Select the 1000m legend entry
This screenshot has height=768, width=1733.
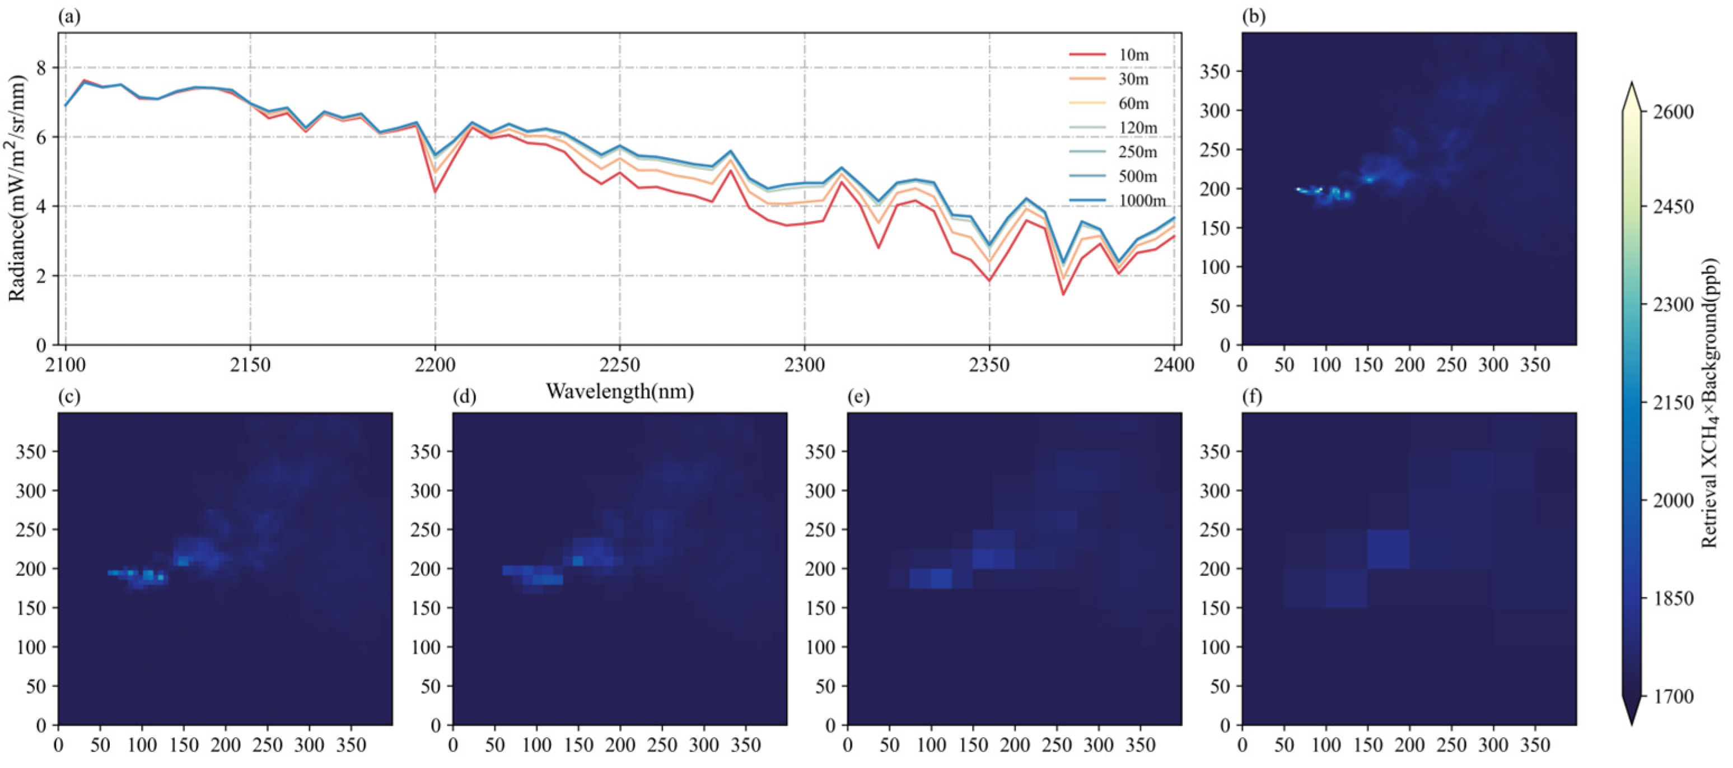click(x=1141, y=201)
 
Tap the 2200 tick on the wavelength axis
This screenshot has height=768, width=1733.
click(x=435, y=365)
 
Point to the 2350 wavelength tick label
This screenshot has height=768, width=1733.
click(x=989, y=365)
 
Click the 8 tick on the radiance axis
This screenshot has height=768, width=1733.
click(x=41, y=67)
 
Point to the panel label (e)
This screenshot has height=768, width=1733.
click(x=858, y=397)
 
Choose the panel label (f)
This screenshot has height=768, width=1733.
click(x=1253, y=397)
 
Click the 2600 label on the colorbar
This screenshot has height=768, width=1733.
click(x=1673, y=111)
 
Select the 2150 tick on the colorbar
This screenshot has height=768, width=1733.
click(x=1673, y=403)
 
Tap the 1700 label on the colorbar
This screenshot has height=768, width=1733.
click(x=1673, y=696)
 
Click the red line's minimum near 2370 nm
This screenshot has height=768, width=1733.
click(x=1063, y=294)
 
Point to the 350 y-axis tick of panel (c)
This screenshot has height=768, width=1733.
click(x=31, y=452)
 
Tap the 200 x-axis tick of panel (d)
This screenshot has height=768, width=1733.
click(x=620, y=745)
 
